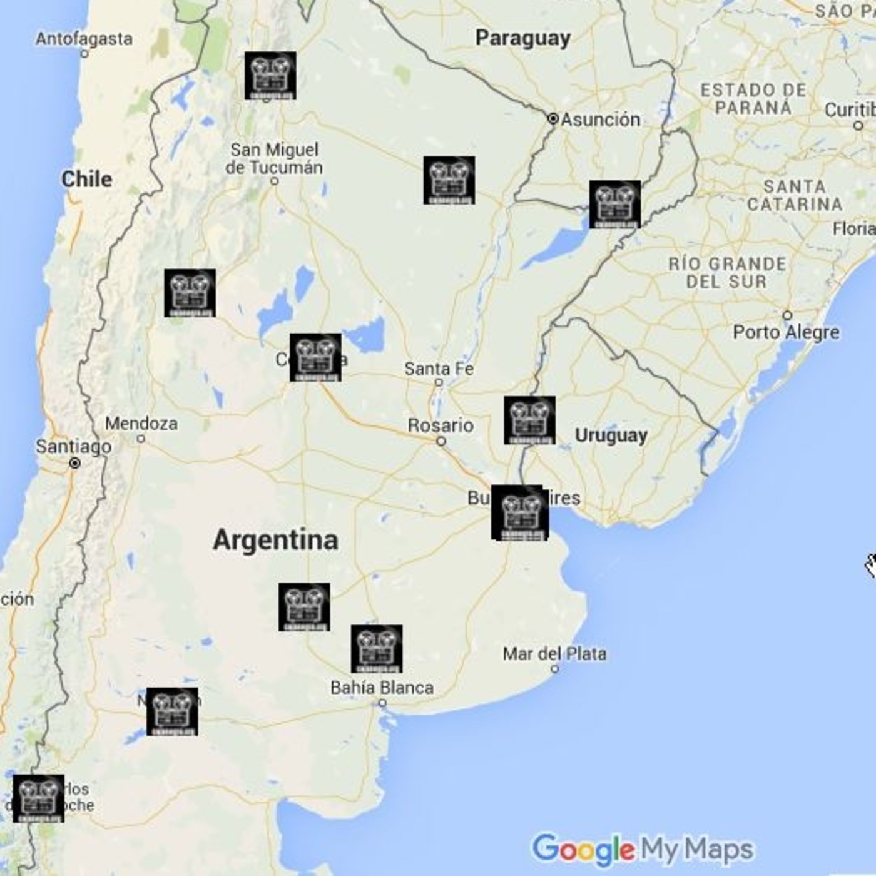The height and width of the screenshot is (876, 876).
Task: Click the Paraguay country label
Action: [x=522, y=38]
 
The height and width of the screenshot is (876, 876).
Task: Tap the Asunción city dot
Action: [x=553, y=118]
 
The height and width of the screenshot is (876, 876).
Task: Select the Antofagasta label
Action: [x=84, y=39]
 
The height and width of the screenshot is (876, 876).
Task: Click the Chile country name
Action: [x=87, y=180]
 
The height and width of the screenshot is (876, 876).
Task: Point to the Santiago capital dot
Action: [x=75, y=463]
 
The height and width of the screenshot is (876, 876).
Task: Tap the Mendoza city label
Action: [x=141, y=424]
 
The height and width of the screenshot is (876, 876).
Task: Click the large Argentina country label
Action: [x=275, y=540]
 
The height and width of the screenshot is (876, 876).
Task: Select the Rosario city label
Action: [x=441, y=425]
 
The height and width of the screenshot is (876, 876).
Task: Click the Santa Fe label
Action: [x=439, y=369]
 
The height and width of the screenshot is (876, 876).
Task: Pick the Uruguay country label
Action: [x=611, y=435]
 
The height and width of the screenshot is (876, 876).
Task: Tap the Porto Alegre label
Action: [x=786, y=332]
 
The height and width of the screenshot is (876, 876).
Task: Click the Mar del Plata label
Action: [x=554, y=654]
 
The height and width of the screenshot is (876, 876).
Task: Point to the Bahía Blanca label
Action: [x=382, y=688]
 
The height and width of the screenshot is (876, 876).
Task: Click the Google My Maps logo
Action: [x=643, y=850]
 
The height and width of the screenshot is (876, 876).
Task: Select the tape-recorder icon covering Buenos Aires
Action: [x=519, y=512]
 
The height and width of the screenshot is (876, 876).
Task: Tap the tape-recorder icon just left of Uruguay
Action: [x=529, y=420]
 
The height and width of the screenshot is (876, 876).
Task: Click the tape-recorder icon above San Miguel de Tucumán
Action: [x=270, y=76]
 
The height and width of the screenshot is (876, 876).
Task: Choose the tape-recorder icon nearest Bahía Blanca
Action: [x=377, y=649]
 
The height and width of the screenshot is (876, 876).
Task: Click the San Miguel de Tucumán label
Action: [x=274, y=159]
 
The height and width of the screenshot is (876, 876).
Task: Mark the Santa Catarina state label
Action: [x=795, y=195]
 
